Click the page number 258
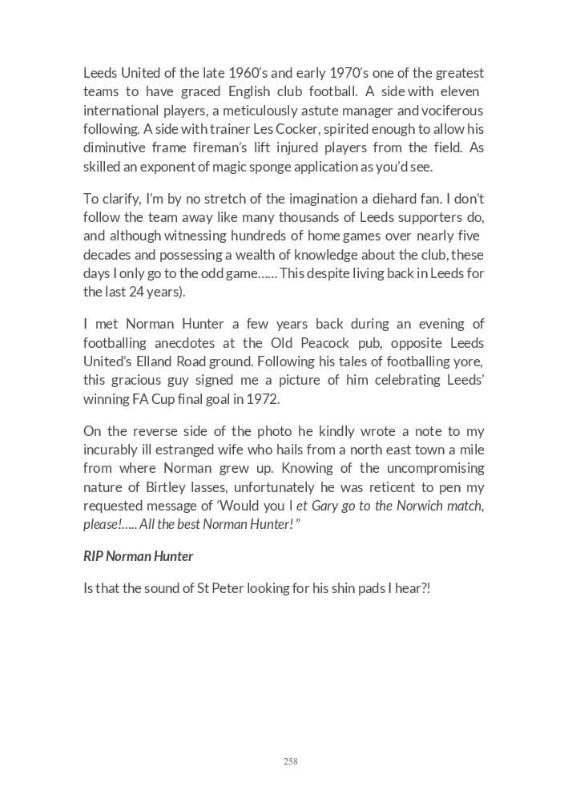coord(290,761)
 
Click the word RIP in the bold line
coord(94,555)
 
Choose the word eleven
coord(460,92)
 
